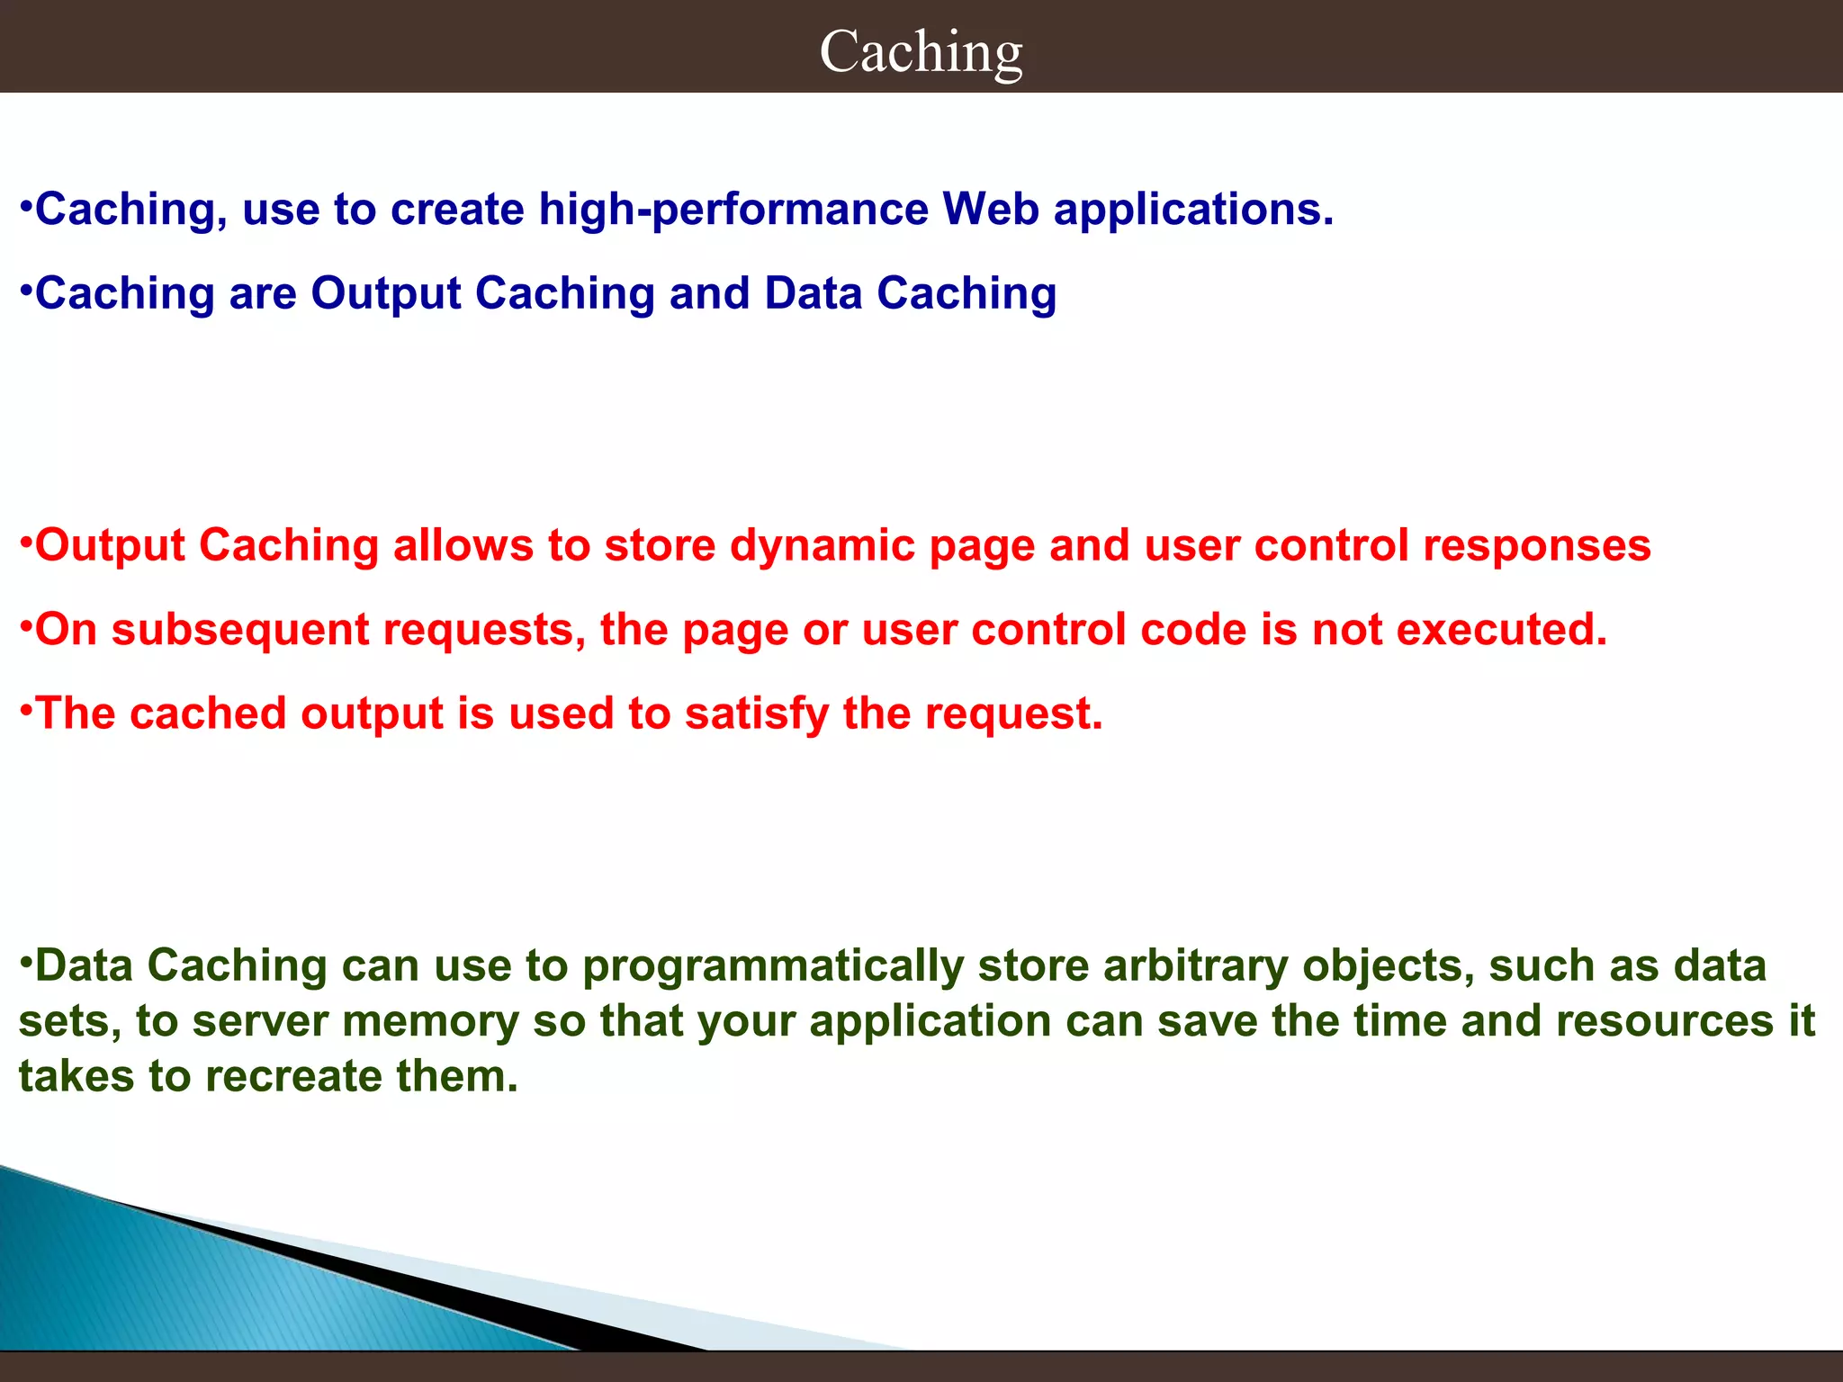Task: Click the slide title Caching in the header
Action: tap(921, 51)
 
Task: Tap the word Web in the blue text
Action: tap(990, 210)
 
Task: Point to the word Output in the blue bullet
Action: tap(385, 294)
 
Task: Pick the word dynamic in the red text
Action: tap(822, 547)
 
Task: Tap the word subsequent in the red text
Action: tap(240, 631)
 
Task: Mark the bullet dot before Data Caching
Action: tap(26, 959)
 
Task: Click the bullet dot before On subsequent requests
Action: tap(26, 624)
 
